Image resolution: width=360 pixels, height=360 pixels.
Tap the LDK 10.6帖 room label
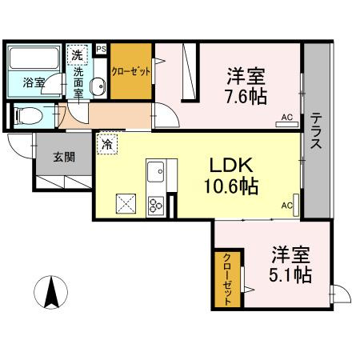click(x=233, y=176)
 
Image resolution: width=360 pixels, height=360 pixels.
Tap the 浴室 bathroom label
click(x=34, y=82)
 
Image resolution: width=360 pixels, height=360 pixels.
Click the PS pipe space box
click(x=101, y=49)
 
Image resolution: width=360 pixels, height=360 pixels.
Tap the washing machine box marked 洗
click(x=77, y=54)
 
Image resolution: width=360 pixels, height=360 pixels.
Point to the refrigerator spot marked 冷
click(x=106, y=145)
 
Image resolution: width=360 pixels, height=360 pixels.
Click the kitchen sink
click(x=155, y=171)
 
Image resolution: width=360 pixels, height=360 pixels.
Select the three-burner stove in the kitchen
click(x=155, y=204)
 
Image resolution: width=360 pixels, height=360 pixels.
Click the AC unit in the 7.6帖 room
click(x=286, y=120)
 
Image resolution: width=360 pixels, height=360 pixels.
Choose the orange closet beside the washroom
click(x=130, y=71)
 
